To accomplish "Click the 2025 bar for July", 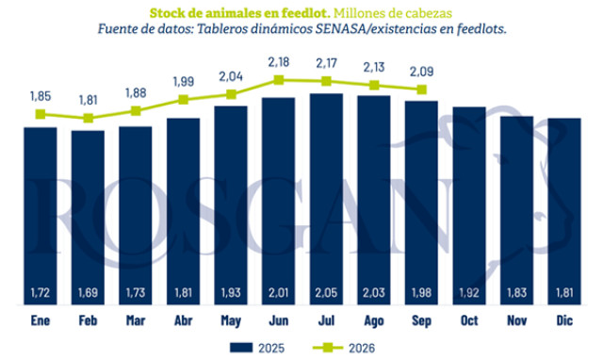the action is coord(327,199).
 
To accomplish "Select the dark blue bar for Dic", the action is coord(564,211).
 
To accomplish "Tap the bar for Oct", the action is coord(469,205).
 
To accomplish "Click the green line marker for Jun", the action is coord(279,80).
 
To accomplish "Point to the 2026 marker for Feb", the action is coord(88,118).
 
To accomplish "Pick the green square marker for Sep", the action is coord(422,90).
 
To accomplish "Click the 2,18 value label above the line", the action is coord(279,62).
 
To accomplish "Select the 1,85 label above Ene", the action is coord(41,96).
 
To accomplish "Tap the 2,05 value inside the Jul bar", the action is coord(327,293).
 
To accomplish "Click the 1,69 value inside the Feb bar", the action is coord(88,293).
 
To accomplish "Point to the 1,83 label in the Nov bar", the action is coord(517,293).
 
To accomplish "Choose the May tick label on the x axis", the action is coord(231,320).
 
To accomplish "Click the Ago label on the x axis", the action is coord(374,320).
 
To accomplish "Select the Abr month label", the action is coord(184,320).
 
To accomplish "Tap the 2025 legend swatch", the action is coord(241,348).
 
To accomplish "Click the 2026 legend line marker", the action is coord(328,348).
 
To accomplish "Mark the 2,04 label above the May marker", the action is coord(231,76).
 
